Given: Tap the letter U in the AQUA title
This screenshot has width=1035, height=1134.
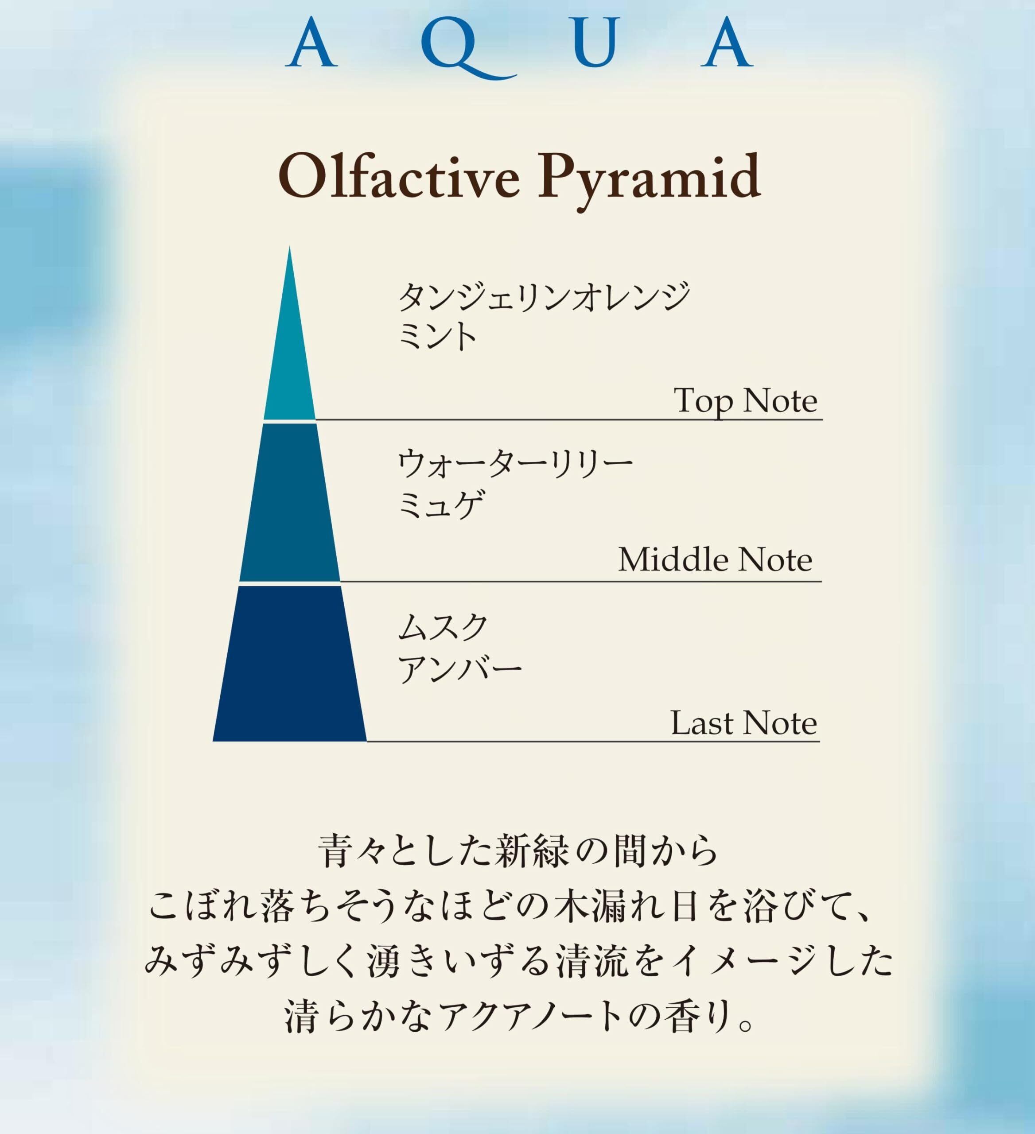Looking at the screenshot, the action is [597, 42].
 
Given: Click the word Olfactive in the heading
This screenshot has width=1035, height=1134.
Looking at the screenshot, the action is [399, 177].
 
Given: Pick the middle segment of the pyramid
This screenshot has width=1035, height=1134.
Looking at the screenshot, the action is [290, 502].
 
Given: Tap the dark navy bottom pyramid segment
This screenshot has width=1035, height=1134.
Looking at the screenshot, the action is [290, 664].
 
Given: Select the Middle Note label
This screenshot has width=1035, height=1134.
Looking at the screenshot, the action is [715, 560].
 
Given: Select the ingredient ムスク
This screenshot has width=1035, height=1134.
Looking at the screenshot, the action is [443, 628].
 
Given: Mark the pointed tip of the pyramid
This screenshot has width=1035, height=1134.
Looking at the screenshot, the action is [290, 246].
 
